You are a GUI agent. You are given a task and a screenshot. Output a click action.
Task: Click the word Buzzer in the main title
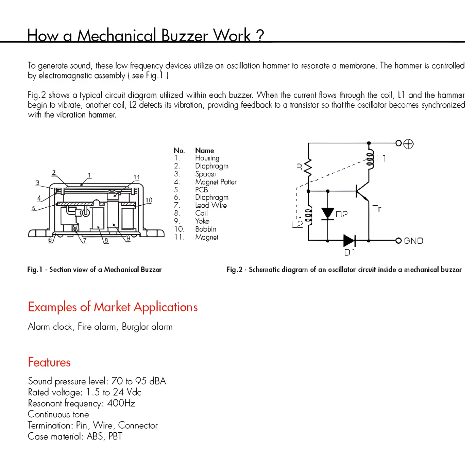tap(184, 35)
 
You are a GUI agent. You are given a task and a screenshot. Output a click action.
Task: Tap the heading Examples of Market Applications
tap(113, 307)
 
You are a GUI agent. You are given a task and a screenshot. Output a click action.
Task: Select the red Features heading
tap(49, 362)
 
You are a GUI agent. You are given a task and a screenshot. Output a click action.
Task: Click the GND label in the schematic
tap(413, 241)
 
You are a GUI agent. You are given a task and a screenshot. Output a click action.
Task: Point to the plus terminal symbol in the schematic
tap(408, 144)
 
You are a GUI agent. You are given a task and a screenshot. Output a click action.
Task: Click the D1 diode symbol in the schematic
tap(349, 241)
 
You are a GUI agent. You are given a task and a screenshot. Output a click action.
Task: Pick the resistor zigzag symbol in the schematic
tap(308, 167)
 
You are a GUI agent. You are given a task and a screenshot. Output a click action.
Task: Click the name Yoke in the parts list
tap(202, 221)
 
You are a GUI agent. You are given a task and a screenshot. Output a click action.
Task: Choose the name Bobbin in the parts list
tap(206, 229)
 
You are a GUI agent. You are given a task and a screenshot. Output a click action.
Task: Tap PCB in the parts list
tap(201, 190)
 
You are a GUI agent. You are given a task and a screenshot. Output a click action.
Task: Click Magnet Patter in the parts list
tap(216, 182)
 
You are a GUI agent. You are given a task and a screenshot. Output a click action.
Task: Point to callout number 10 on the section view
tap(149, 200)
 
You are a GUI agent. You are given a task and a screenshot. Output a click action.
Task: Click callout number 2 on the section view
tap(54, 172)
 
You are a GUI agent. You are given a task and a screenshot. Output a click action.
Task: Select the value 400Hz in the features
tap(121, 403)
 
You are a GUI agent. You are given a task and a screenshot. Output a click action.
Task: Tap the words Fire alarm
tap(98, 327)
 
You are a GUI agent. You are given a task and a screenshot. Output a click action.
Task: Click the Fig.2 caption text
tap(344, 270)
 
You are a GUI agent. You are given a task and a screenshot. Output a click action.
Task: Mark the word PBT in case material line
tap(115, 436)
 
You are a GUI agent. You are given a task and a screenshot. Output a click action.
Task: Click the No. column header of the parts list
tap(179, 151)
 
